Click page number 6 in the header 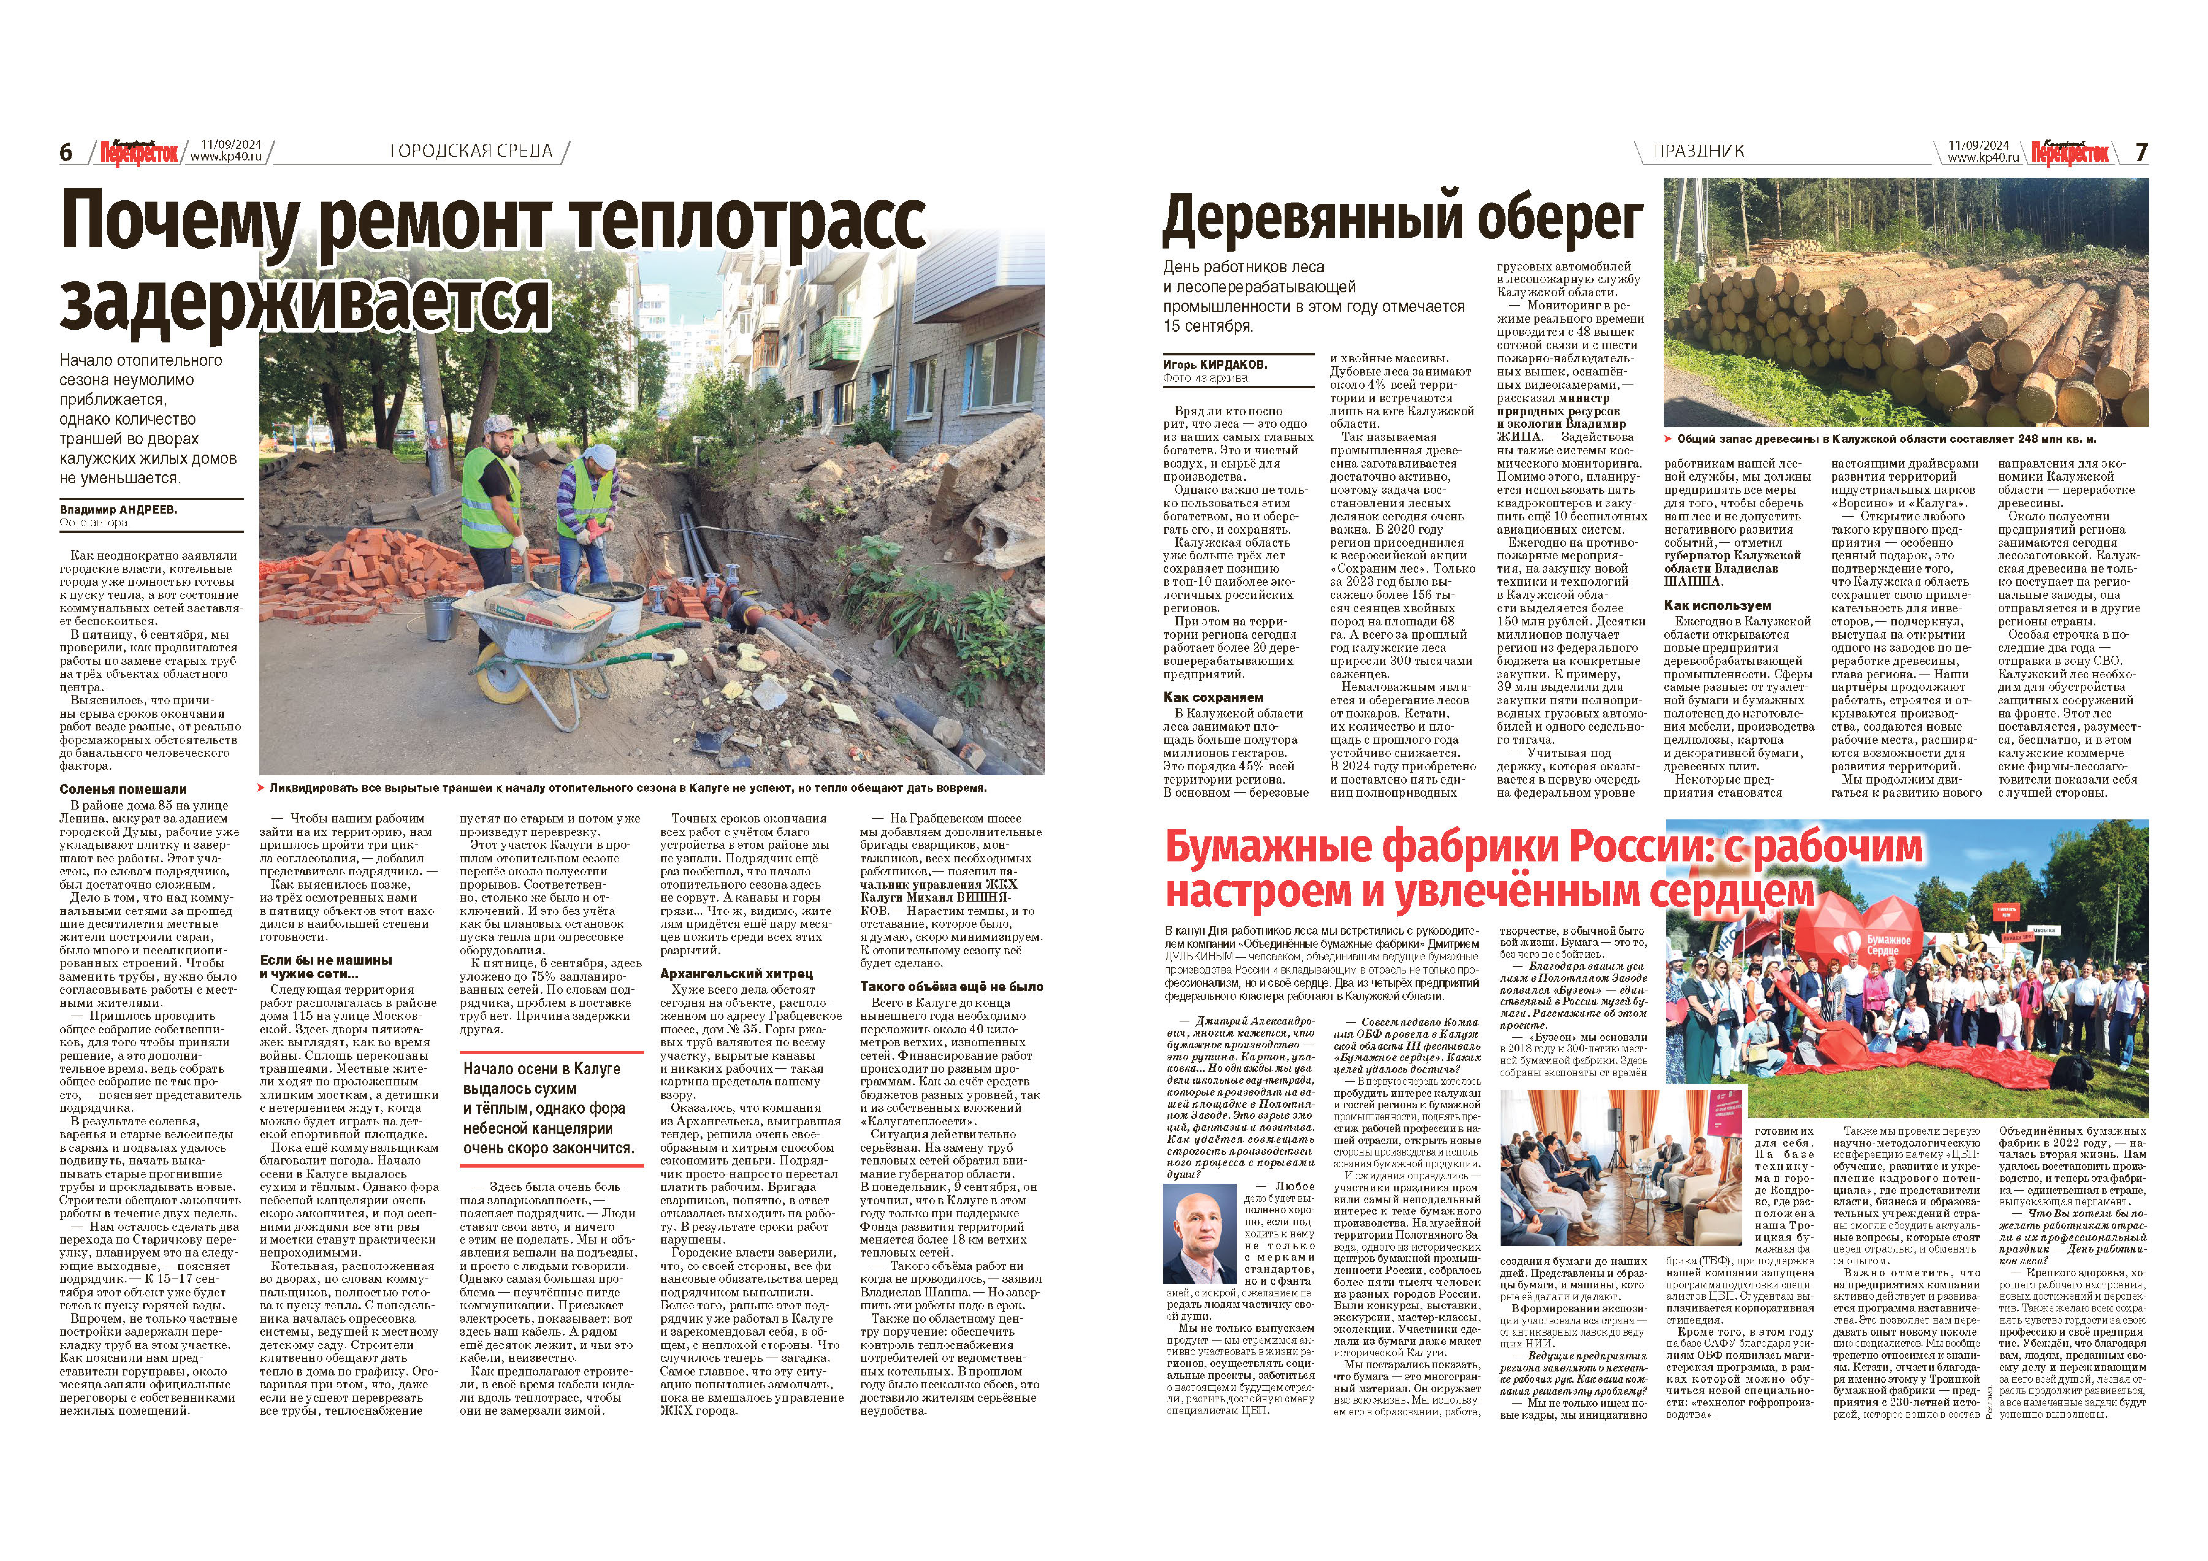66,152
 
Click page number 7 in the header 2141,152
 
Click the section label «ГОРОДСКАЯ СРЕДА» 471,151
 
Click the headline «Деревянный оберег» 1402,219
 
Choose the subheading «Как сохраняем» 1213,697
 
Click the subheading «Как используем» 1717,605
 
